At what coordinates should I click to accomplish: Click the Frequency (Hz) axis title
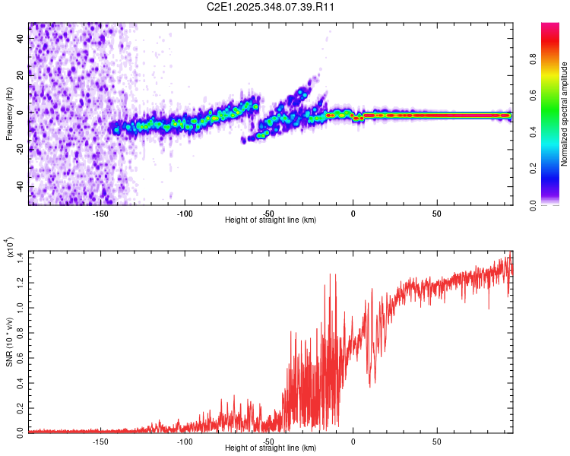(x=9, y=114)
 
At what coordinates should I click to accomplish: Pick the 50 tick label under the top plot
(x=436, y=214)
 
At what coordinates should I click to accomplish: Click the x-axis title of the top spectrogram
(x=271, y=221)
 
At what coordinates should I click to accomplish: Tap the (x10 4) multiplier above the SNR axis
(x=11, y=249)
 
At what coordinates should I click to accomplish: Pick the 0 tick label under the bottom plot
(x=353, y=442)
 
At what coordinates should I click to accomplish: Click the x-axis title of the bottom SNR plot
(x=271, y=449)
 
